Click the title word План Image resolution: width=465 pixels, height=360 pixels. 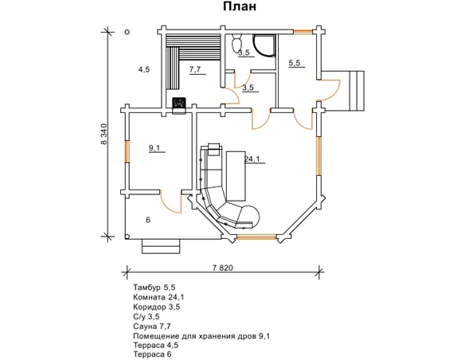(240, 6)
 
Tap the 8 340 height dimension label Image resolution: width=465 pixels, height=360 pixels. (104, 134)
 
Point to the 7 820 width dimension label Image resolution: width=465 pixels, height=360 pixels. (223, 268)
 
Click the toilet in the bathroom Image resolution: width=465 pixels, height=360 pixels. (237, 44)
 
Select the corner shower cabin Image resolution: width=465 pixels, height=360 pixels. (264, 45)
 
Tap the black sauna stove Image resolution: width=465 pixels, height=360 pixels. (179, 103)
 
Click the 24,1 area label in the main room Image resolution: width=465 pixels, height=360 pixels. (252, 159)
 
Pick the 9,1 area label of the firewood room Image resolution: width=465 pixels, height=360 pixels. (154, 147)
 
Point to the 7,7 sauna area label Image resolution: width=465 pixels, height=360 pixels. (195, 69)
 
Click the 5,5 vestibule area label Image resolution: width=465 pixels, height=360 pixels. (295, 63)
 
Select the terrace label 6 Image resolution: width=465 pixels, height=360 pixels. (148, 220)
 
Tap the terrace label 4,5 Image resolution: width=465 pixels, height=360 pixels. (144, 69)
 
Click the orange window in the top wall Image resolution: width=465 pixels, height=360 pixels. (303, 31)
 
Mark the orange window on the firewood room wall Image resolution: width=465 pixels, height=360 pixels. (127, 151)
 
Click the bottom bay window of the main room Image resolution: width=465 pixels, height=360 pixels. (257, 237)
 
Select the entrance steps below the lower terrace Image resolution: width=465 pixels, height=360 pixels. (161, 246)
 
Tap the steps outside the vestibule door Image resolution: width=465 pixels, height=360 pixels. (357, 91)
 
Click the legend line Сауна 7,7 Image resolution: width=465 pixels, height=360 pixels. (152, 327)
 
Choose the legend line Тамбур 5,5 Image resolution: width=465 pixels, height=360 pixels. (154, 288)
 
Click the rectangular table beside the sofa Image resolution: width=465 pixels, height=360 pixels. (236, 176)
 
